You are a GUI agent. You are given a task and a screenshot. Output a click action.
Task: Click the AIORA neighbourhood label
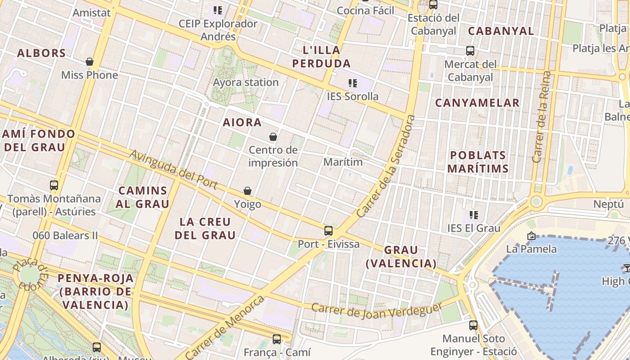(242, 122)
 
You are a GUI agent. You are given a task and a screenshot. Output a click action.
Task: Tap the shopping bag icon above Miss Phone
(90, 62)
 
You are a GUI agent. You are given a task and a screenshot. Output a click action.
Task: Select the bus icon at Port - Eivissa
(328, 231)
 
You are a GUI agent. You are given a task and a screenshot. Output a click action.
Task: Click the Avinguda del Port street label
(173, 170)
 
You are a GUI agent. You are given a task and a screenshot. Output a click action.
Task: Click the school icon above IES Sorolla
(353, 83)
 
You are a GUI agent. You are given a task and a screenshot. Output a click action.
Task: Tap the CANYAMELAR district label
(477, 103)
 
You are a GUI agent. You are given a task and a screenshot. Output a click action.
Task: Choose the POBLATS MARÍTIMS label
(478, 162)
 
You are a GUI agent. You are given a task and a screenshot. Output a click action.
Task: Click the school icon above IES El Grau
(473, 215)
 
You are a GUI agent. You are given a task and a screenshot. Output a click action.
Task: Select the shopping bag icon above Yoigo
(247, 191)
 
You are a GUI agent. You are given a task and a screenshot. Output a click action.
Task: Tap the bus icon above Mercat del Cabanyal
(470, 51)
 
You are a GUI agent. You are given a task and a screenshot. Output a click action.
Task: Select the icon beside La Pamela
(531, 236)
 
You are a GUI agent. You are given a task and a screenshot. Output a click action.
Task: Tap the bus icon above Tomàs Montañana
(54, 185)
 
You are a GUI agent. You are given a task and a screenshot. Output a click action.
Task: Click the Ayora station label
(246, 82)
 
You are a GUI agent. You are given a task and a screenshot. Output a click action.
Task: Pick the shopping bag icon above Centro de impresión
(273, 137)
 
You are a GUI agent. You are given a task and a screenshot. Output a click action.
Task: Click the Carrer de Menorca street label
(225, 328)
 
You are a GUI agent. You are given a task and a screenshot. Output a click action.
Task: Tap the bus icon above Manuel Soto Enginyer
(473, 325)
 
